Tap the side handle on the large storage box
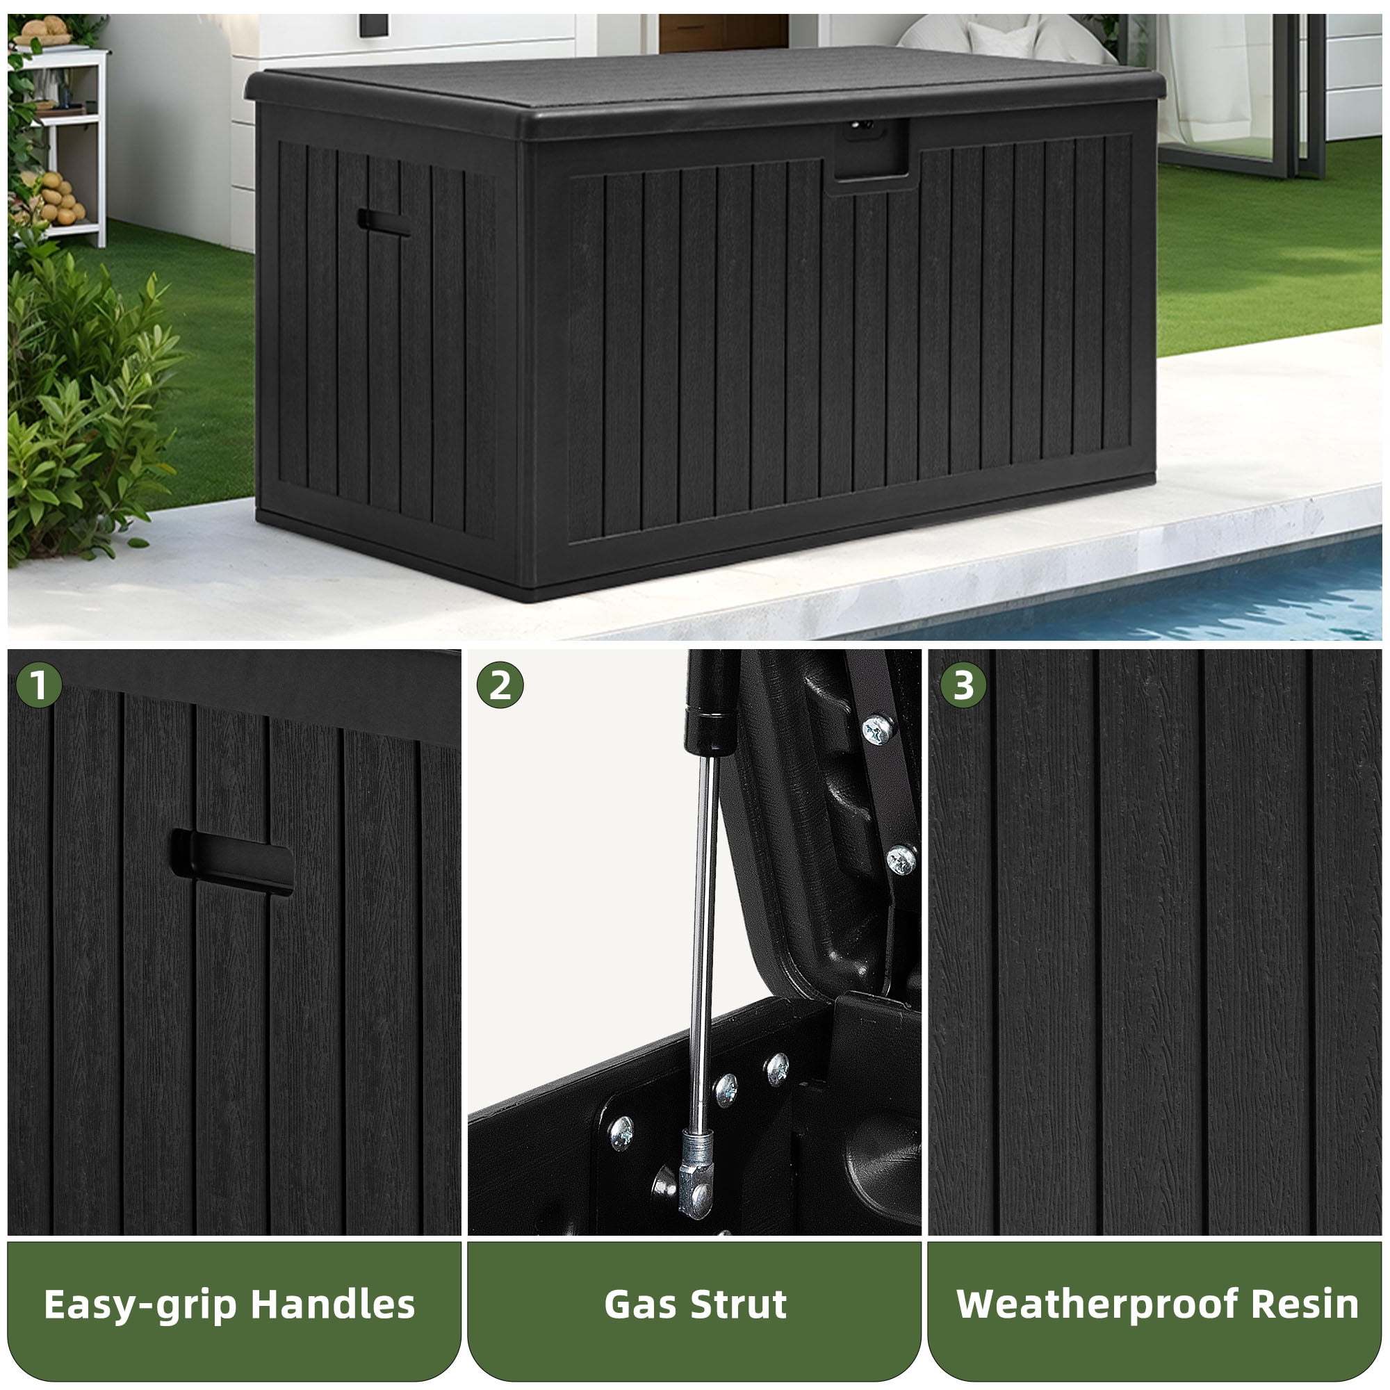[384, 222]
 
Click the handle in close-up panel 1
[232, 862]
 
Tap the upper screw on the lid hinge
[877, 731]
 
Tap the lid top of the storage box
[705, 79]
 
